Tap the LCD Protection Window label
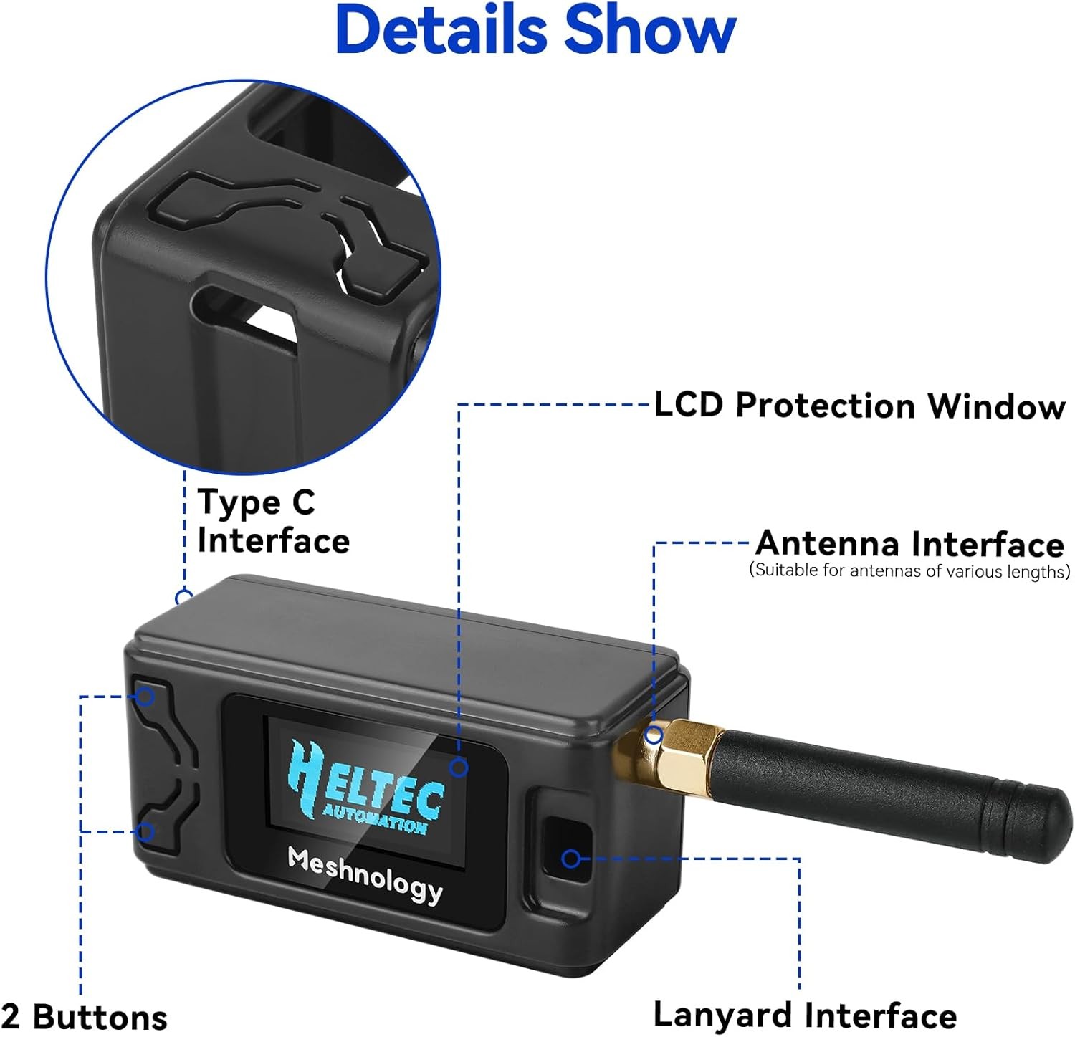[x=859, y=406]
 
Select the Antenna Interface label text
[x=909, y=544]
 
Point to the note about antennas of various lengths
[x=909, y=571]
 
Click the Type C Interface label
[x=273, y=521]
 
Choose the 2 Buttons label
[x=85, y=1016]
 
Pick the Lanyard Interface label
[x=805, y=1015]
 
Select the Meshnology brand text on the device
[x=365, y=874]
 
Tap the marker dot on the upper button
[x=145, y=696]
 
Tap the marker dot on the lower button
[x=145, y=832]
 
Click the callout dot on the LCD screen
[x=459, y=768]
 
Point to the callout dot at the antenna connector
[x=654, y=735]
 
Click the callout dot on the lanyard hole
[x=570, y=858]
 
